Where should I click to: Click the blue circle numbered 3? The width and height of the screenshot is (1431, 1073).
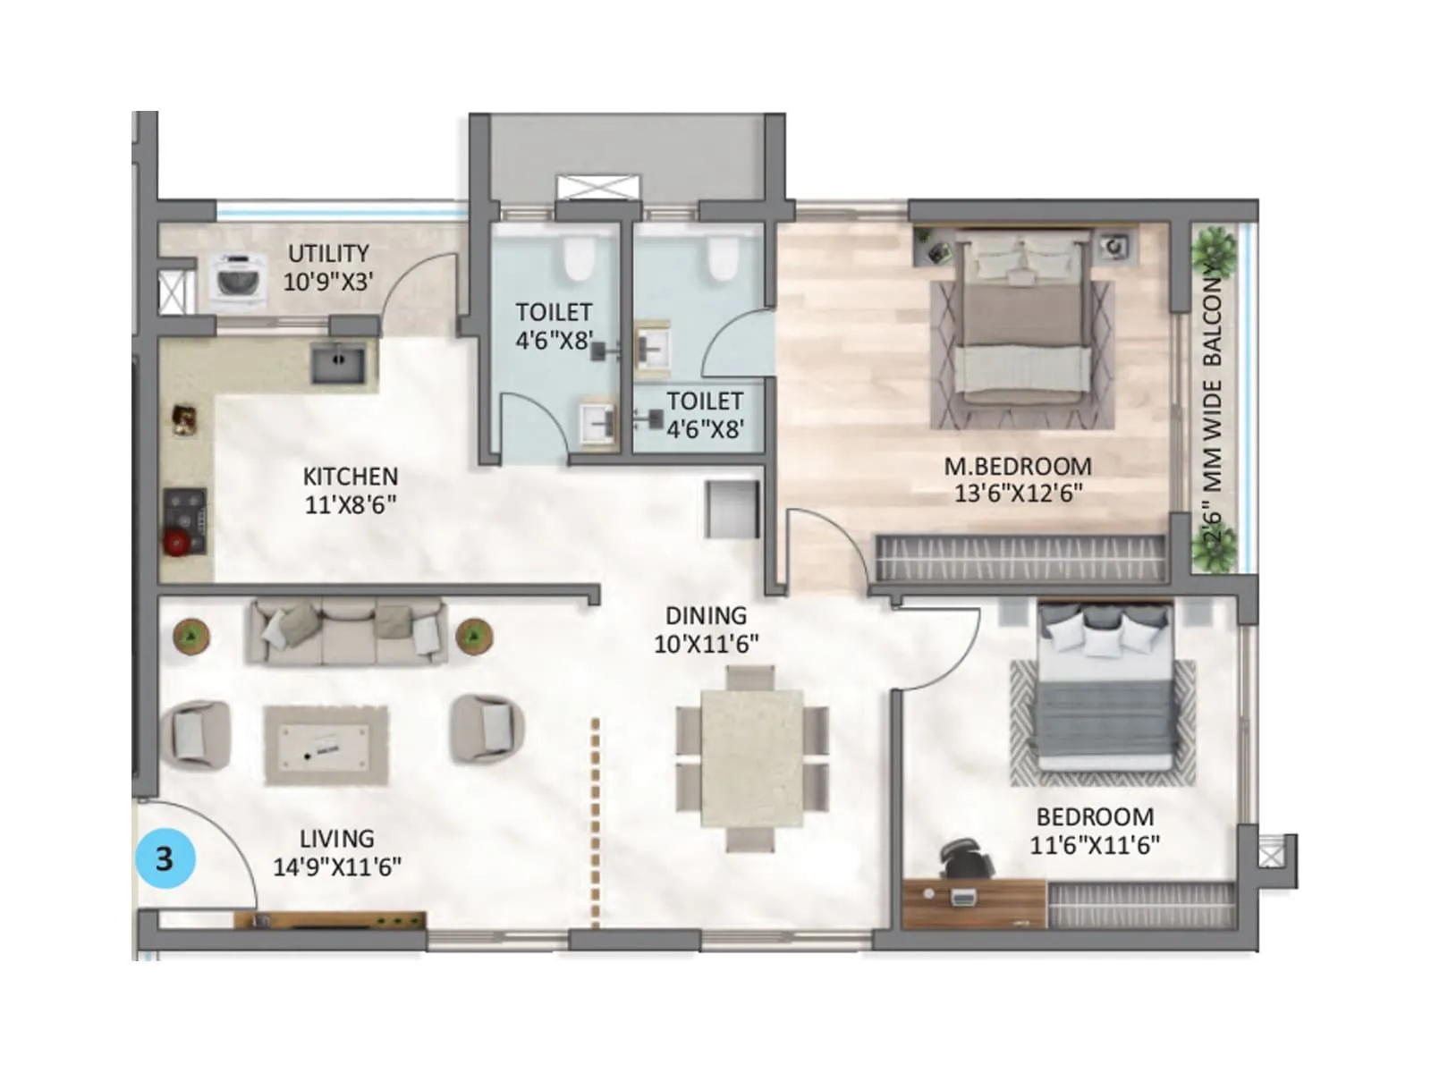click(x=165, y=858)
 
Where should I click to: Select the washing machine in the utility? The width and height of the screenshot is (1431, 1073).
click(x=238, y=277)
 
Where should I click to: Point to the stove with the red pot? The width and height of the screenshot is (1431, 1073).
click(x=185, y=522)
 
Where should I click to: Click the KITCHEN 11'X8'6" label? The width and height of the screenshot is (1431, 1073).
click(x=350, y=490)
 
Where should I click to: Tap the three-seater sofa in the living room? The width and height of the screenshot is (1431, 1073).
click(x=347, y=632)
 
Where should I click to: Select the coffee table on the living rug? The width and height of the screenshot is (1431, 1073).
click(x=326, y=744)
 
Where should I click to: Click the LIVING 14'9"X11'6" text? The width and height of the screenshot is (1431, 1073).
click(x=337, y=852)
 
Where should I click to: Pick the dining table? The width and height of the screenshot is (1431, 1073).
click(x=751, y=758)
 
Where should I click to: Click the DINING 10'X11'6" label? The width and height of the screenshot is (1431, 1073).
click(x=706, y=629)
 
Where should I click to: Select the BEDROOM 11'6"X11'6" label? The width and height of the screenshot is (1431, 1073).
click(x=1095, y=831)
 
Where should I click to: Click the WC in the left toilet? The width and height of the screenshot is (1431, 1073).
click(x=579, y=259)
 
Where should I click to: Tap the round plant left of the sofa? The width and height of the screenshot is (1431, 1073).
click(x=191, y=636)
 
